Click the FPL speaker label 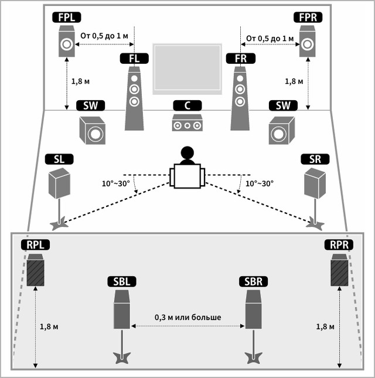[x=66, y=18]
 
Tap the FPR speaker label [x=308, y=18]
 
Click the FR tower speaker [x=238, y=97]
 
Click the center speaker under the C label [x=187, y=124]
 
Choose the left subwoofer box [x=93, y=130]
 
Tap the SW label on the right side [x=279, y=105]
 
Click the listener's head [x=187, y=155]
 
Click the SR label [x=315, y=159]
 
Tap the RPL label [x=36, y=244]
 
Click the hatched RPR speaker [x=339, y=272]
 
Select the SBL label [x=120, y=281]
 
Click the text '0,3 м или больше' [x=187, y=317]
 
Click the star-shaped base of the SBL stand [x=121, y=357]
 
